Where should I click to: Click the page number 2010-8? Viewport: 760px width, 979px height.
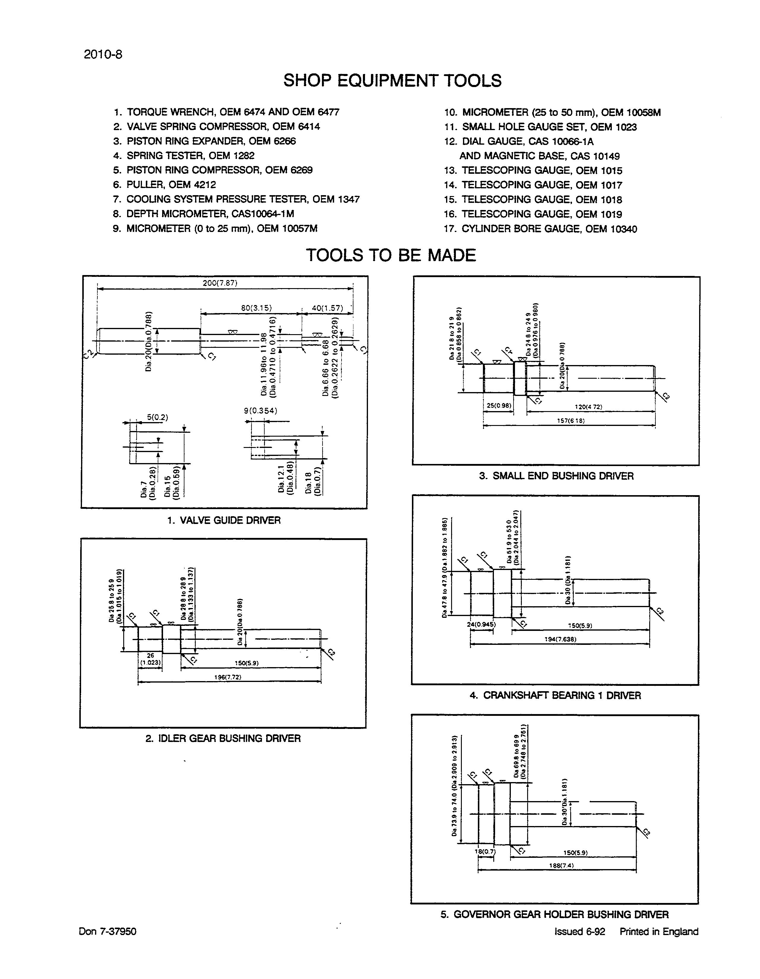103,55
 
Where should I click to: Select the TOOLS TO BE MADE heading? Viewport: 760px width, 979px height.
391,255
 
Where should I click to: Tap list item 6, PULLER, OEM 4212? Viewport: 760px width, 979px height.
165,185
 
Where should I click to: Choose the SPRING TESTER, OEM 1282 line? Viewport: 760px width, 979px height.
184,156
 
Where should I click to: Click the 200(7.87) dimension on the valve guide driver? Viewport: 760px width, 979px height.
219,283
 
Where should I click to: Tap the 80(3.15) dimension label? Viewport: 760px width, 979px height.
256,308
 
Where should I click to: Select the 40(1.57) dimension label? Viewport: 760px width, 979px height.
327,308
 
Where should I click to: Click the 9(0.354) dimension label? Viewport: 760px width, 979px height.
260,410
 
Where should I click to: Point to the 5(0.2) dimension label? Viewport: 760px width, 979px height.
157,417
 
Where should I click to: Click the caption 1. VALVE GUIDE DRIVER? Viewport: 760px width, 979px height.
224,520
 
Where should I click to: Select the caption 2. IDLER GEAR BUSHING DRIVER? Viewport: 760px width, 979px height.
223,738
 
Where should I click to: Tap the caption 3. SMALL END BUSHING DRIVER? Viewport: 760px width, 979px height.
556,476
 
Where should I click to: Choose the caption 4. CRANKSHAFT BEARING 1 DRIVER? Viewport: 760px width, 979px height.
555,695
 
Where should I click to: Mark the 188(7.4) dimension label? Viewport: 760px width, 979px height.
561,866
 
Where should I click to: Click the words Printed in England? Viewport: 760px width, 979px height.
659,931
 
